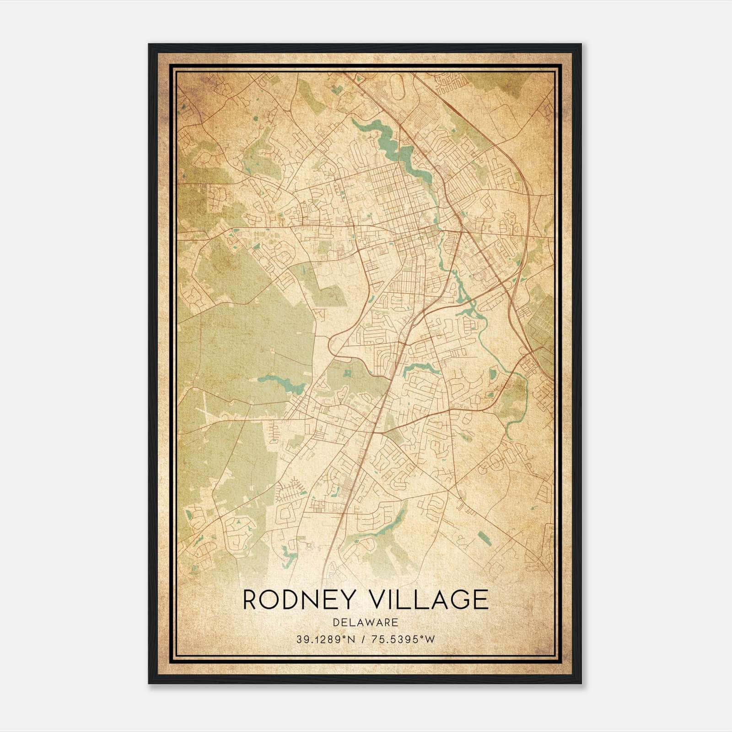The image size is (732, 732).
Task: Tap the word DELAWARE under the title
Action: [x=366, y=622]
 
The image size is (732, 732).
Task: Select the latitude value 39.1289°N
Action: [x=325, y=640]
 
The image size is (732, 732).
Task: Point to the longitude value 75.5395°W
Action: [x=403, y=640]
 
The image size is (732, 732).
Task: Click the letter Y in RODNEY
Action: [x=349, y=600]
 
